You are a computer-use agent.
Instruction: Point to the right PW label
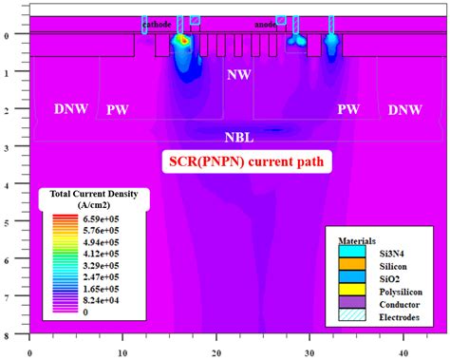click(348, 110)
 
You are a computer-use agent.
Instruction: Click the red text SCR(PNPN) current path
click(245, 161)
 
